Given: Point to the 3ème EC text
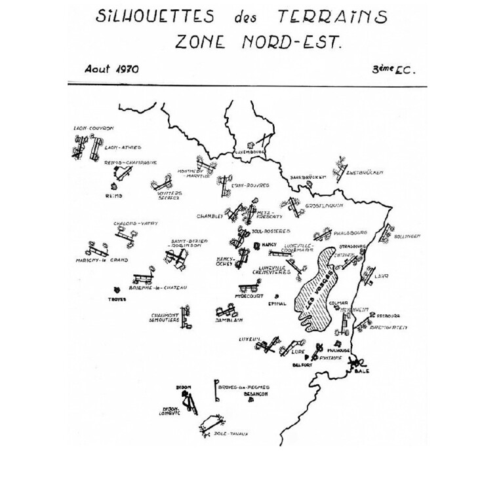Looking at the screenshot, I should click(393, 70).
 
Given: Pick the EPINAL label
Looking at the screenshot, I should click(278, 303).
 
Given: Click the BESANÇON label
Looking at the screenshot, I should click(257, 394).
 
